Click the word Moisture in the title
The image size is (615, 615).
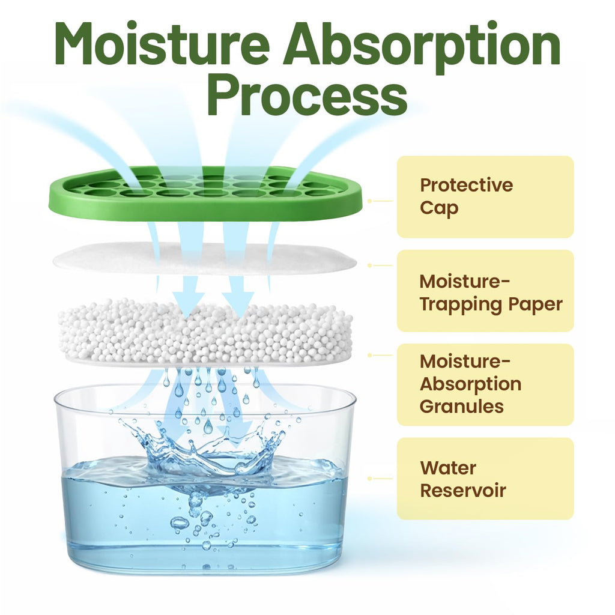point(162,43)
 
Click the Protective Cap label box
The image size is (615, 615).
point(485,196)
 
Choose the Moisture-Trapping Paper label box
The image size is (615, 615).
point(485,291)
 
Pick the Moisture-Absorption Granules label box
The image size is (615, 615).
point(485,385)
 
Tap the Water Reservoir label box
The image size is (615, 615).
point(485,479)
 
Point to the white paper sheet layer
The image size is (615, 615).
point(205,258)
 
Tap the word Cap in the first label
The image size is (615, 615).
point(439,208)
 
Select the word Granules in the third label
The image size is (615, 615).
point(462,407)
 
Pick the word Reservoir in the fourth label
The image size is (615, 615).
point(463,490)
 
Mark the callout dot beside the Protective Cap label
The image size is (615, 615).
point(369,201)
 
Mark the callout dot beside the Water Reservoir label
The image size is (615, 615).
point(369,479)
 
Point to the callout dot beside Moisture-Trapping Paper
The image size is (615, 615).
point(369,265)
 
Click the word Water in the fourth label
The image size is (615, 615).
point(448,468)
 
